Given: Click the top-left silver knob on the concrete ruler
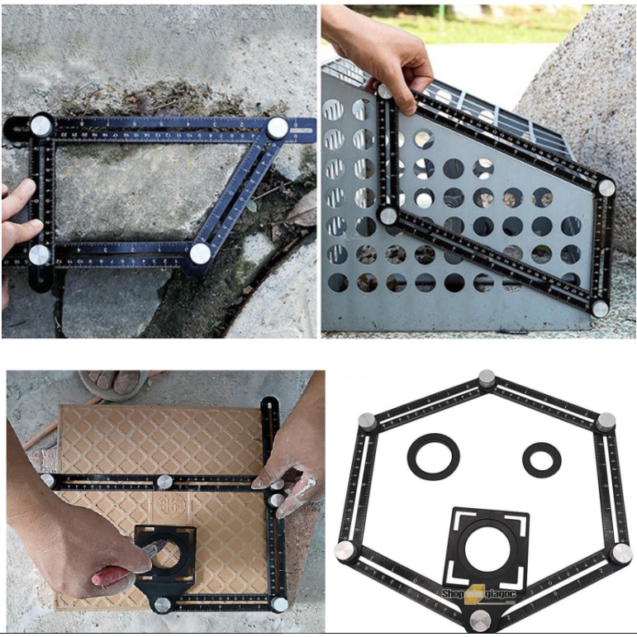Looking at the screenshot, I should point(40,126).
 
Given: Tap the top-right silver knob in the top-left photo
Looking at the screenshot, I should point(278,128).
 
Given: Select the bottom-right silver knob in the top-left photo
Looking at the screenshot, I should point(200,254).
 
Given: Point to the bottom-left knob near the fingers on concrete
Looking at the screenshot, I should point(39,254).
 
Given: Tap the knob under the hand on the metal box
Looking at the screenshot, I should point(385,91).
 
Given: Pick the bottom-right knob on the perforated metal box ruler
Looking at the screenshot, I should point(600,308).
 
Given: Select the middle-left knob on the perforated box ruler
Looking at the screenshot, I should point(387,216).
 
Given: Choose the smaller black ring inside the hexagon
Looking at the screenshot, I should point(541,459).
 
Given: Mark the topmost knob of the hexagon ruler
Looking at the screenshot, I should point(487,379).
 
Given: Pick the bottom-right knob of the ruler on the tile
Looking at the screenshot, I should point(279,604).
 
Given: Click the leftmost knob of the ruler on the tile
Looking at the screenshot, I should point(49,480).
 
